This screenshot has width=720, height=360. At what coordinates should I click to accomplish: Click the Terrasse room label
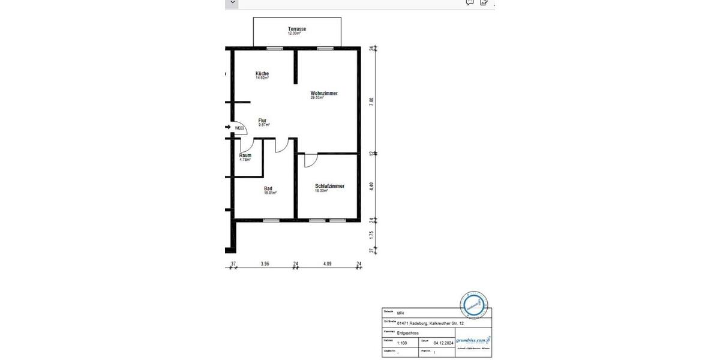(x=297, y=29)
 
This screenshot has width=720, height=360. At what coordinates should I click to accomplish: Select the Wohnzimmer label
(x=323, y=94)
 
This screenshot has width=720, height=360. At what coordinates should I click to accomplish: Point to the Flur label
(x=262, y=121)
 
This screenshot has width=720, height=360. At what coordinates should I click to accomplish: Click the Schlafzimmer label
(x=329, y=187)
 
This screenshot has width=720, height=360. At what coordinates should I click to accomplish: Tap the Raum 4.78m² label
(x=245, y=157)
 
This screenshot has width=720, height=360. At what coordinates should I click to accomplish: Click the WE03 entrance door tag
(x=239, y=128)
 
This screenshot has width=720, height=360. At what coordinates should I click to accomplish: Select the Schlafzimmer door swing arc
(x=310, y=160)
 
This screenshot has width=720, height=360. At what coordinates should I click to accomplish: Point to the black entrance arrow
(x=228, y=127)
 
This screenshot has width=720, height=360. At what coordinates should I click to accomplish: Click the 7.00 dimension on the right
(x=371, y=101)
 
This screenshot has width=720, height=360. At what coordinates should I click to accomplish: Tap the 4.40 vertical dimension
(x=371, y=186)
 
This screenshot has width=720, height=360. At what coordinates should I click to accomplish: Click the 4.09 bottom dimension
(x=327, y=263)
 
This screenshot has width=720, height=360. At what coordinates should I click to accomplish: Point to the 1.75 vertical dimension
(x=371, y=235)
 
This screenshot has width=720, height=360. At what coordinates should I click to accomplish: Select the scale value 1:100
(x=402, y=343)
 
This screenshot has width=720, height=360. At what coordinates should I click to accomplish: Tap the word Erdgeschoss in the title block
(x=407, y=332)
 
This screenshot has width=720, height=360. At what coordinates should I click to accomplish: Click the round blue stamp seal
(x=474, y=305)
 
